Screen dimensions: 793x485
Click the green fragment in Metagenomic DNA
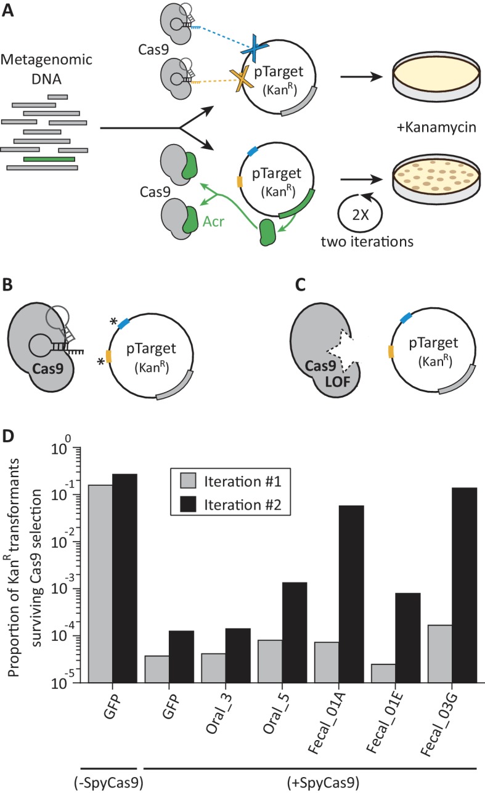point(49,158)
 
